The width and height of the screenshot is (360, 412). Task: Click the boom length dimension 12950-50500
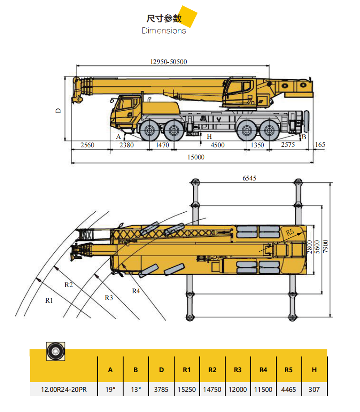169,62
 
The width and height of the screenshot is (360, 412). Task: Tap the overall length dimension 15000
196,157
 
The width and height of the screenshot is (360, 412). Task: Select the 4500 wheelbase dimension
218,145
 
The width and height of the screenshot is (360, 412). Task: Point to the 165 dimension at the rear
320,145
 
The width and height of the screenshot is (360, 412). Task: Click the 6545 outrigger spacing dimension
249,178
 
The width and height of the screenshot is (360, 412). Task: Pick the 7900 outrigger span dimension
326,246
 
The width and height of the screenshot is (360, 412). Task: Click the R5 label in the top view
290,232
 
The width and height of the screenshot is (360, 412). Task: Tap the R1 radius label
49,300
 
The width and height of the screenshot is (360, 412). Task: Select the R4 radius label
136,291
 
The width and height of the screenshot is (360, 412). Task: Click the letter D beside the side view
58,111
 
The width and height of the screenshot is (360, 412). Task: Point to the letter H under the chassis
209,137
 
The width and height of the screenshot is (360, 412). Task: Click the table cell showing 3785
161,390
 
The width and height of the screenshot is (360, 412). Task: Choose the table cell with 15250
187,390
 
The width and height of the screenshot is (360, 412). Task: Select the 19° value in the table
110,390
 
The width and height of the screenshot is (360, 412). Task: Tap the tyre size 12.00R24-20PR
64,390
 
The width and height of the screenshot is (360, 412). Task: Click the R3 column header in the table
238,370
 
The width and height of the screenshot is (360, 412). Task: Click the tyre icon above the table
56,351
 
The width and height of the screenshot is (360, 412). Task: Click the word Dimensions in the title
164,31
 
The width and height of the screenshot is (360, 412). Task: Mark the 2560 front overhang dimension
87,145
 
